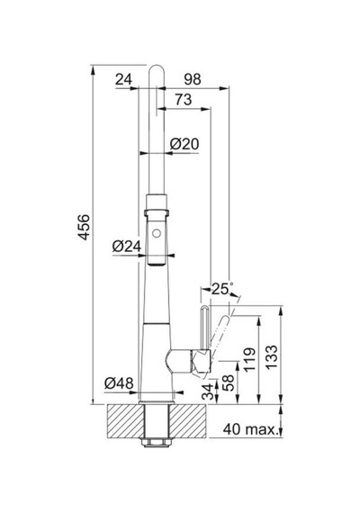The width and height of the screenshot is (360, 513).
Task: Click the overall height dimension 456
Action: coord(84,227)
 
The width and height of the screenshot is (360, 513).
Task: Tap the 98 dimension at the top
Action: coord(193,79)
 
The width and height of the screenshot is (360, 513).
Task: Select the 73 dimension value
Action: coord(184,100)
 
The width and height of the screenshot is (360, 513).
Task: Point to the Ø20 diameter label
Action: coord(184,144)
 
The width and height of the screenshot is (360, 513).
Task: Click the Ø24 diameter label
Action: coord(127,246)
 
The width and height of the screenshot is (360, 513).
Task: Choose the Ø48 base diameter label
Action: coord(119,382)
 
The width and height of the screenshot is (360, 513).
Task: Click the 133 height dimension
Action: coord(271,357)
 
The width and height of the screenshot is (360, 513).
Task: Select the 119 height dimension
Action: coord(249,359)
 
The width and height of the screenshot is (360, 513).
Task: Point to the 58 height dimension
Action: coord(228,382)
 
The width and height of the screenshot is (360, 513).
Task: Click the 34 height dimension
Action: coord(208,391)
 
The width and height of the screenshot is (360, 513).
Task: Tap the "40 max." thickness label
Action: coord(249,429)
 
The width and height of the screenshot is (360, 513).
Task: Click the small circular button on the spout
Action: coord(157,234)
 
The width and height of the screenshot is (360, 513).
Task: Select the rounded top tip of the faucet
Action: coord(157,67)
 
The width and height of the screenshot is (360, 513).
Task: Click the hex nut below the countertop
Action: coord(156,442)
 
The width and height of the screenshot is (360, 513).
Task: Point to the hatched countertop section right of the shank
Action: coord(187,421)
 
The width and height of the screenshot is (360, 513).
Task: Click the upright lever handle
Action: coord(203,328)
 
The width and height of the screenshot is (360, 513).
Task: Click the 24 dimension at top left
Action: coord(123,79)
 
